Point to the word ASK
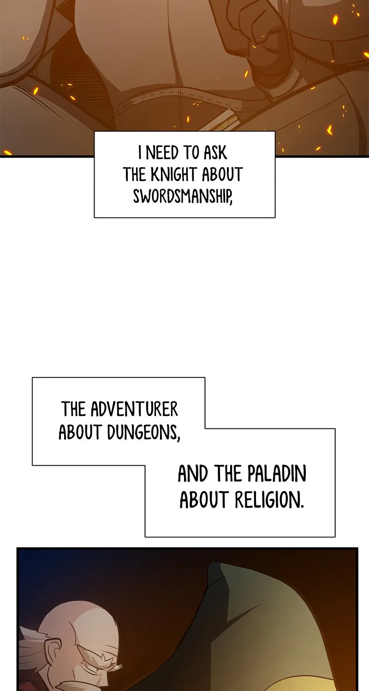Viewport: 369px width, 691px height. [x=215, y=153]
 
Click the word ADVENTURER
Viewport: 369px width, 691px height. [x=134, y=410]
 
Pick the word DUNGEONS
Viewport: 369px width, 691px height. [x=143, y=433]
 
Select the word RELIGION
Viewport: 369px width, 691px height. [x=269, y=500]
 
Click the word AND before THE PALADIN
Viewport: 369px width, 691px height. [x=193, y=474]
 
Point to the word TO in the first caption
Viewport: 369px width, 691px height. [x=191, y=153]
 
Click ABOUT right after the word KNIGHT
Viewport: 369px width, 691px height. [x=222, y=175]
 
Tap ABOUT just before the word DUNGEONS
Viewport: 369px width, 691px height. [x=80, y=433]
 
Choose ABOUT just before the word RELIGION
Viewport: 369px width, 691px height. [x=204, y=500]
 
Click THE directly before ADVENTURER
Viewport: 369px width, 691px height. [x=73, y=410]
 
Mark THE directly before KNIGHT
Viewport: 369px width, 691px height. [x=135, y=175]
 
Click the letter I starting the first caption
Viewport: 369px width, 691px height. [x=140, y=153]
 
